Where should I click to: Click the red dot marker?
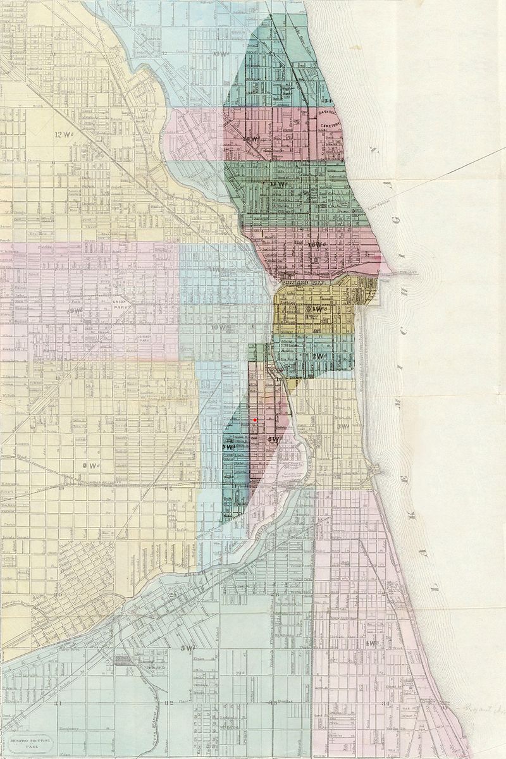tap(255, 420)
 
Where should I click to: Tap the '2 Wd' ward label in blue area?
tap(320, 356)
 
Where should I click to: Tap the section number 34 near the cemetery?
tap(327, 101)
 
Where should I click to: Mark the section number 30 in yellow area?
tap(59, 595)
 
